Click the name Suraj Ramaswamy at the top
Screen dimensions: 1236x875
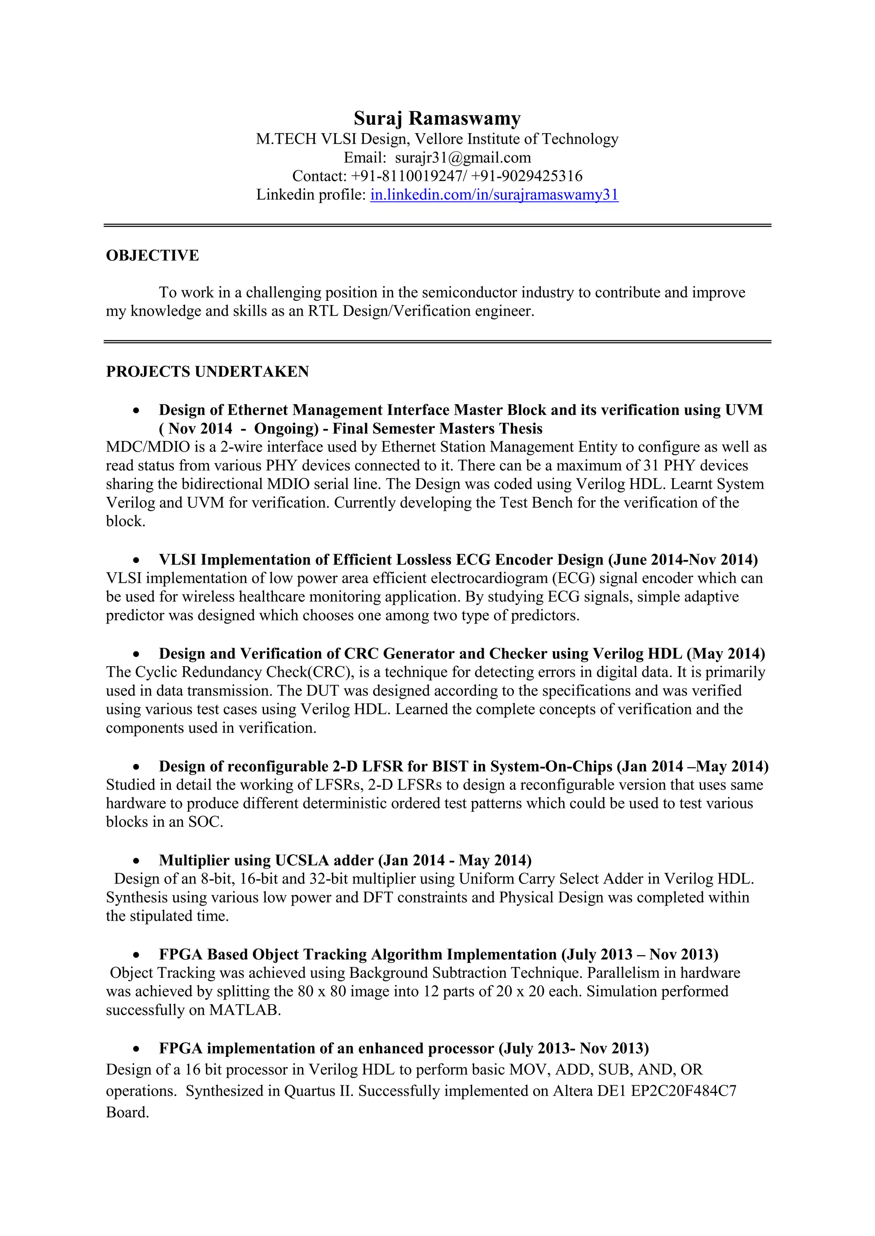pyautogui.click(x=437, y=118)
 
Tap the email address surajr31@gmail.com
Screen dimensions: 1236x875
pyautogui.click(x=463, y=158)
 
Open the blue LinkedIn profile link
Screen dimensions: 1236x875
pyautogui.click(x=494, y=194)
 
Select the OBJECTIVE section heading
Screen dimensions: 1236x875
pyautogui.click(x=153, y=255)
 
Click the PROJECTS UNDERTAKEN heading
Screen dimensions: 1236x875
pyautogui.click(x=208, y=371)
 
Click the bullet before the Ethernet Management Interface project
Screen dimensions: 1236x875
pyautogui.click(x=137, y=411)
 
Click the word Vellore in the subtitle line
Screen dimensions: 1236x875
pyautogui.click(x=439, y=139)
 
